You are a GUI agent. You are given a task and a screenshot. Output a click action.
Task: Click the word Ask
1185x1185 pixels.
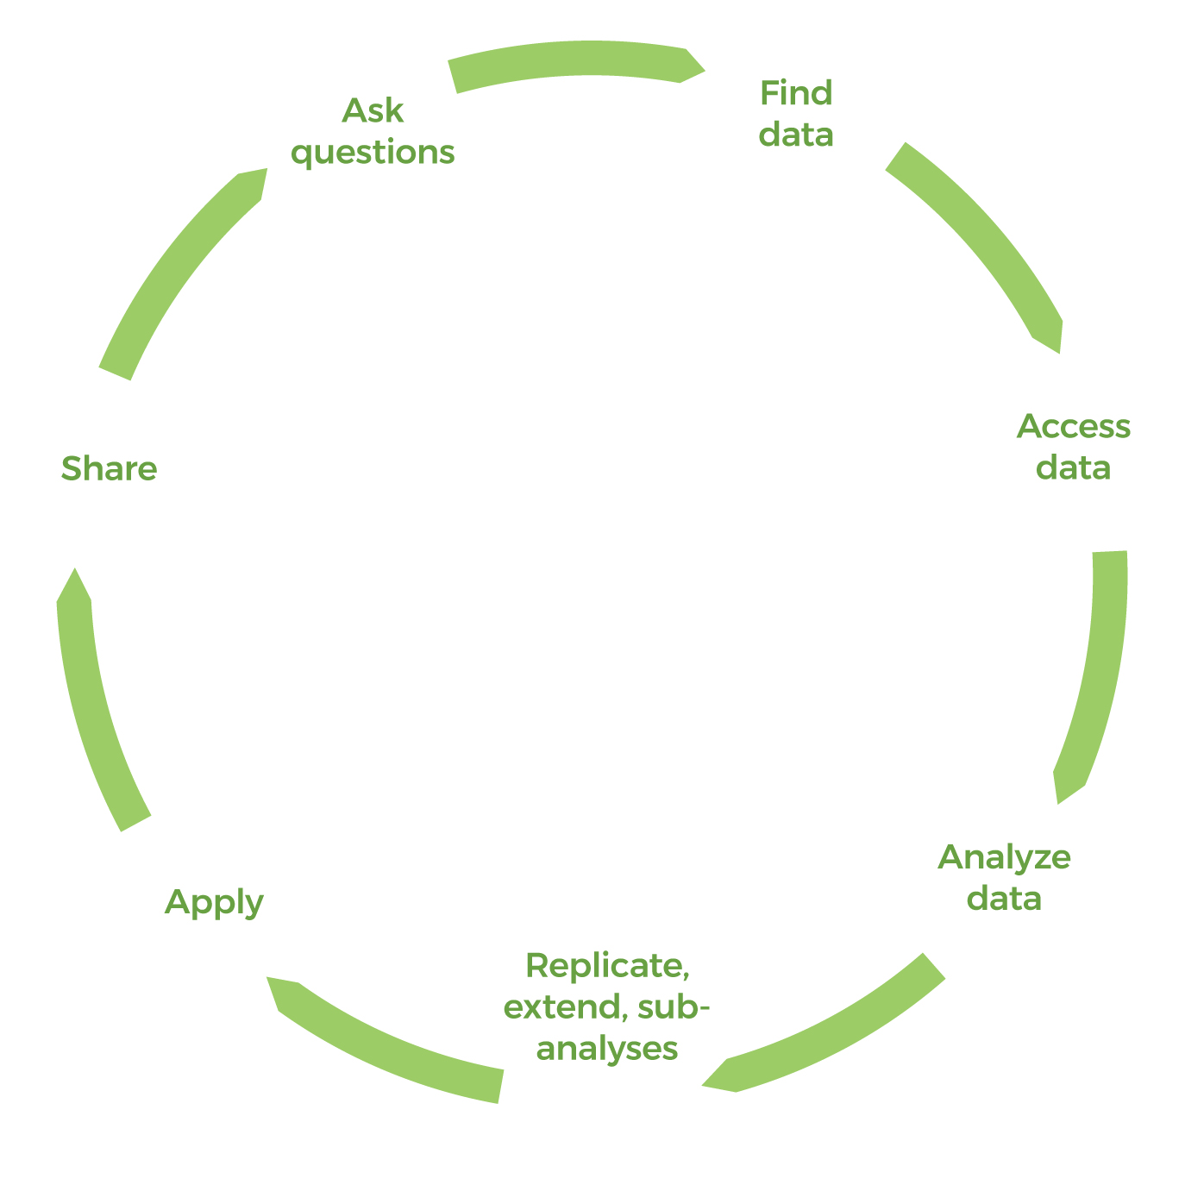pos(373,110)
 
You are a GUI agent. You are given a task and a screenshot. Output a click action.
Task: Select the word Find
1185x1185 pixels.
pos(796,93)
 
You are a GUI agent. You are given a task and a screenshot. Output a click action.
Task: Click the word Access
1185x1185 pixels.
pos(1074,426)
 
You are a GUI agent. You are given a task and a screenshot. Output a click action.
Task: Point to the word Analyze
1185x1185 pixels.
pos(1004,857)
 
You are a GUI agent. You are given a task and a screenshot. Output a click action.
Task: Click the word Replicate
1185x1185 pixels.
pos(607,965)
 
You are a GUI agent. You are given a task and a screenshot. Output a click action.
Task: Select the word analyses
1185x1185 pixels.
pos(607,1049)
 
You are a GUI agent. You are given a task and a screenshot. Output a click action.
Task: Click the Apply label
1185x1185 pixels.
pos(214,903)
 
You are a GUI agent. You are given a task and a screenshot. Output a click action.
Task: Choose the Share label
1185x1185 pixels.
pos(109,469)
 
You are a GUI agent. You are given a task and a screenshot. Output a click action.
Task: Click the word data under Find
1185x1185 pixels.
pos(796,135)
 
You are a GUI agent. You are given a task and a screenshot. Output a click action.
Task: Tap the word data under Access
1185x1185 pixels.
pos(1074,468)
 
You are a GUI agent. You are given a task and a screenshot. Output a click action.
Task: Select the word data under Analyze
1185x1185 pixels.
pos(1004,900)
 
